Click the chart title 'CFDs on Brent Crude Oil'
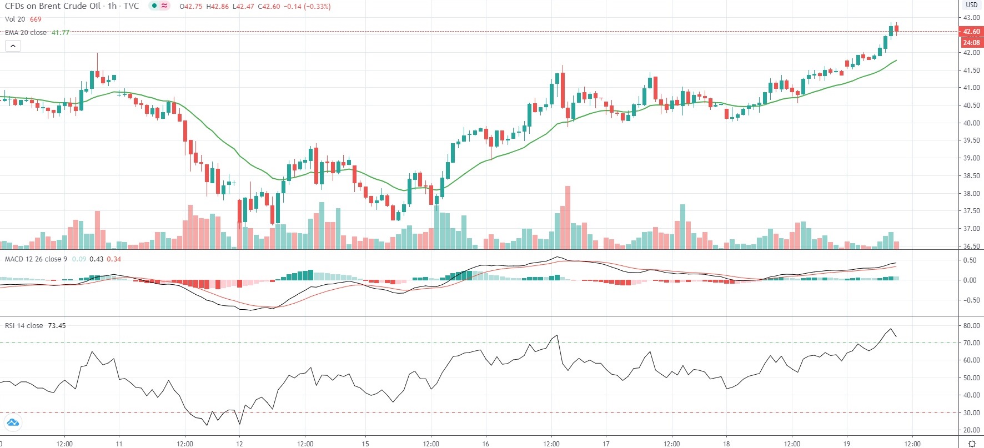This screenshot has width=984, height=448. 53,6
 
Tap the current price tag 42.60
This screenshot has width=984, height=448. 971,32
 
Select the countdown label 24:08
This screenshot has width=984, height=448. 971,42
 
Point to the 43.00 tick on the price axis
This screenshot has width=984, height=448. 971,18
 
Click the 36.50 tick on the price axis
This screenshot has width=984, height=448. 971,246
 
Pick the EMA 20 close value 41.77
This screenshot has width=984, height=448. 61,33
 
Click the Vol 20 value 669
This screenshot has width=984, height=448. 36,19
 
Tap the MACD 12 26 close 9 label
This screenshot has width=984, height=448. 36,259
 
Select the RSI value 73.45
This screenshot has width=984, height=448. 57,326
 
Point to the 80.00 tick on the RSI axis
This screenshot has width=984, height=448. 971,326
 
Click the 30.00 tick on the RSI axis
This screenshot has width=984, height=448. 971,413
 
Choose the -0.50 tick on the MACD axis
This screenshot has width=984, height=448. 970,300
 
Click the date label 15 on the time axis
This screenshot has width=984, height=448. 365,444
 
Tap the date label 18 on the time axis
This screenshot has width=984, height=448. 726,444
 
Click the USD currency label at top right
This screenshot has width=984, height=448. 971,5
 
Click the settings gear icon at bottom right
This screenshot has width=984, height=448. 972,443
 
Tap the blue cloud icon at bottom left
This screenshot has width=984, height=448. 13,423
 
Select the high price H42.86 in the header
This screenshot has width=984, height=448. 217,7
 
